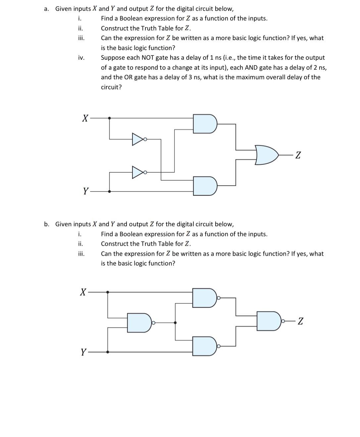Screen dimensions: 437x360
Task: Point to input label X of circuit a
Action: [85, 118]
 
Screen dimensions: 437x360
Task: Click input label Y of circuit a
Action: [85, 191]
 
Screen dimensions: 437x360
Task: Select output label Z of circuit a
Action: [298, 155]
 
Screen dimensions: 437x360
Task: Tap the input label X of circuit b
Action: [83, 292]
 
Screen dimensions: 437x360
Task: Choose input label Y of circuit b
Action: [84, 352]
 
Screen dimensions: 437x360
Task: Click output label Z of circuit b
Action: [300, 321]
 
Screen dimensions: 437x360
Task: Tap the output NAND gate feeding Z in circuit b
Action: [269, 321]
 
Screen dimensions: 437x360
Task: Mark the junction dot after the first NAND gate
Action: [175, 322]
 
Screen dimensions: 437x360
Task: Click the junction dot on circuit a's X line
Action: [110, 118]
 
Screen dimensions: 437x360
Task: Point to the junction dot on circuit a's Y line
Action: [110, 191]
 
